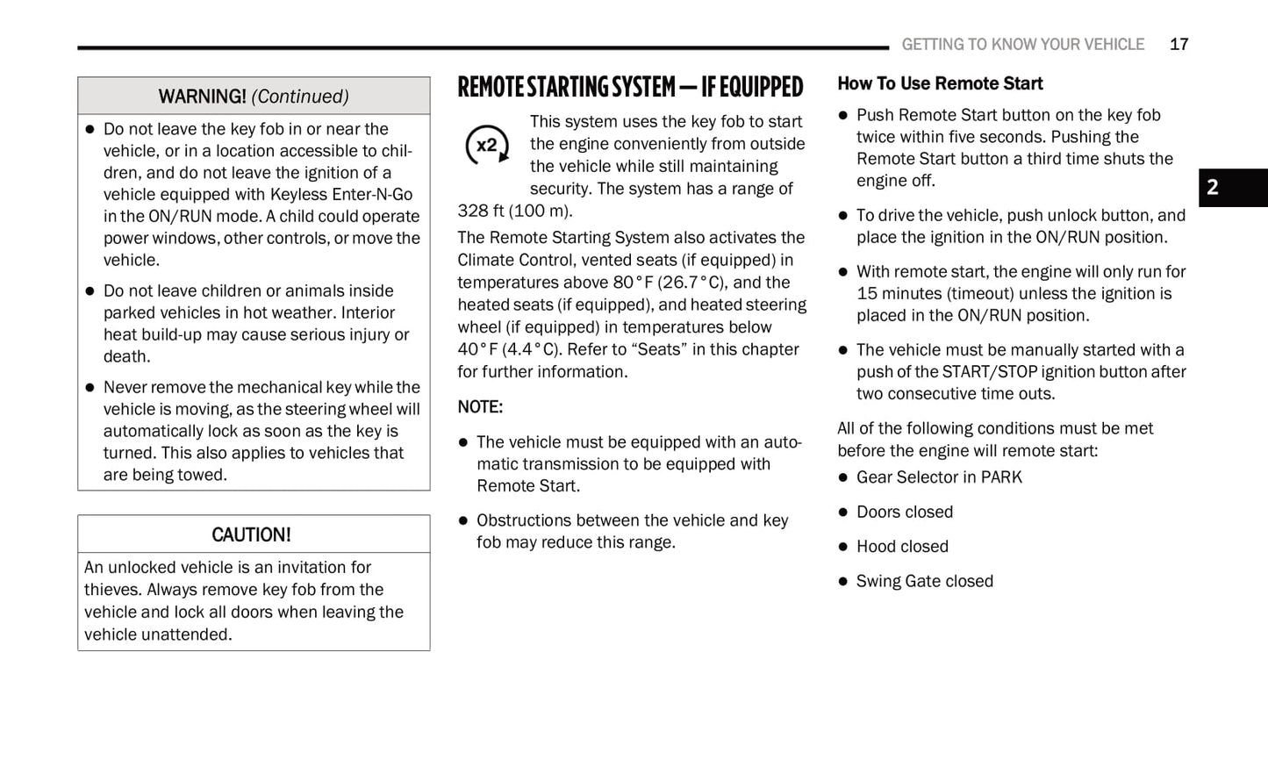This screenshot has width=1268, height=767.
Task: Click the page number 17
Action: click(x=1178, y=44)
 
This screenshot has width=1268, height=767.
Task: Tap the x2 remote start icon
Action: click(x=486, y=145)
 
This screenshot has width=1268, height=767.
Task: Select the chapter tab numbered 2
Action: click(x=1214, y=187)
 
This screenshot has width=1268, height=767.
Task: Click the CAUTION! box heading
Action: click(x=251, y=534)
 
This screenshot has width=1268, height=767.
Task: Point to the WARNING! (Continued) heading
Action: click(x=254, y=97)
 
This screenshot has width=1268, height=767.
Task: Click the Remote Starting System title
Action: click(x=630, y=87)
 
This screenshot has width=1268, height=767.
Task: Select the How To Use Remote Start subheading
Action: click(x=940, y=83)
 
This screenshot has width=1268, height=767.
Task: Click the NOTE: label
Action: click(x=480, y=407)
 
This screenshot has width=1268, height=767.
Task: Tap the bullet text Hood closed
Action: click(x=902, y=547)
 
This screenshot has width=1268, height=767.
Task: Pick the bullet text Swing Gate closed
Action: click(x=925, y=581)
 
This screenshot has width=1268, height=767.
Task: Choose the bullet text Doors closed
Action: click(x=905, y=512)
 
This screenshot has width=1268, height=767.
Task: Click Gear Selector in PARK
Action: click(x=939, y=477)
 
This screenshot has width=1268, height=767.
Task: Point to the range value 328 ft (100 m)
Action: click(x=514, y=211)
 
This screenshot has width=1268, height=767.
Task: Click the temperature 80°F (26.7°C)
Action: click(x=670, y=283)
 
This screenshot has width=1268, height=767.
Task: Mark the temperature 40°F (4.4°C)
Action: click(x=507, y=349)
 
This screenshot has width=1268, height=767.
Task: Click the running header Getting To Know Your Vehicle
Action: click(x=1022, y=44)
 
